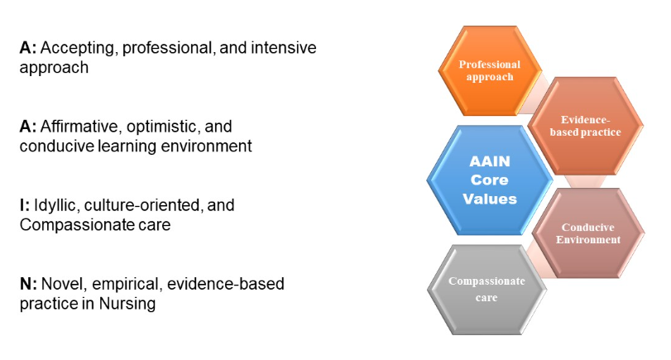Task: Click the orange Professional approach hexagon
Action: [490, 70]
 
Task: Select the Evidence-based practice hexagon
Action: [586, 125]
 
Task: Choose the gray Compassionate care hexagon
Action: [486, 289]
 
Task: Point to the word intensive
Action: [276, 47]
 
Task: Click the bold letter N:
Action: [27, 284]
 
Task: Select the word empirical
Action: [122, 284]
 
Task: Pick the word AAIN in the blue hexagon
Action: [489, 161]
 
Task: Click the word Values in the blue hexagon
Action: [489, 199]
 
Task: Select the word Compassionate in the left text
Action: [74, 223]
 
